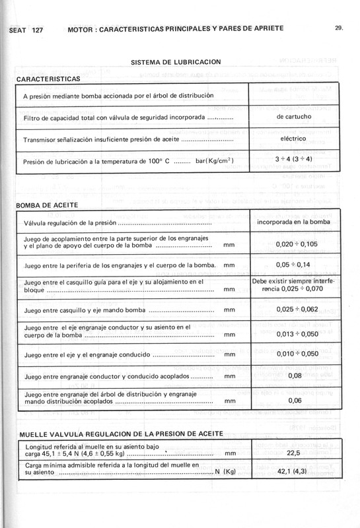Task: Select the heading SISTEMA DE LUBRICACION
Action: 175,62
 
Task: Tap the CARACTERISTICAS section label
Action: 48,79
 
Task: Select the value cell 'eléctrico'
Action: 294,139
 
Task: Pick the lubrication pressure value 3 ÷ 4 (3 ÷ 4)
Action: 294,160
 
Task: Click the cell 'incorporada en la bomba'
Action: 294,222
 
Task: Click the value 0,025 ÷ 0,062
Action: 294,308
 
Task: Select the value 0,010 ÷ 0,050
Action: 294,354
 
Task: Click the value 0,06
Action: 294,400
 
